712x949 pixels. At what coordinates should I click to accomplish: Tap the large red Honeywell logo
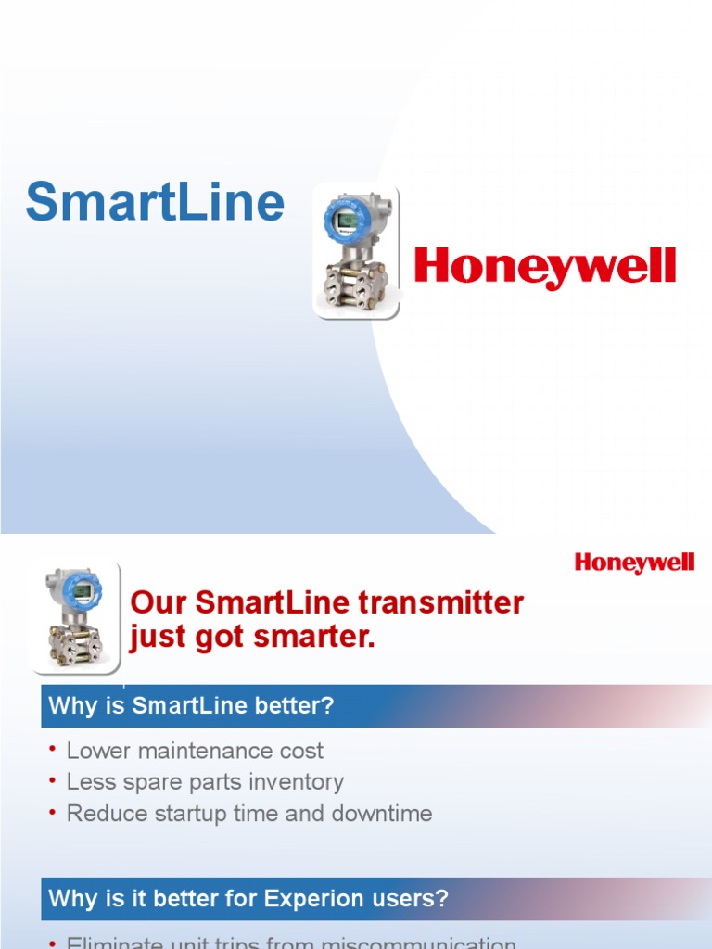544,267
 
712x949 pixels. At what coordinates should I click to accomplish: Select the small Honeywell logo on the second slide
634,563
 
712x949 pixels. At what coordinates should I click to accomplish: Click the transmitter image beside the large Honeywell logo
357,251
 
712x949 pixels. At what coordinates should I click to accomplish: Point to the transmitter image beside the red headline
74,615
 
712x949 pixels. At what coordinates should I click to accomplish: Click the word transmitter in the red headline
447,603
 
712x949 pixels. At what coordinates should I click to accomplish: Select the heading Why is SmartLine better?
191,706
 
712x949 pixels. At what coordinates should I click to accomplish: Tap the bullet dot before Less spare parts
54,779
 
